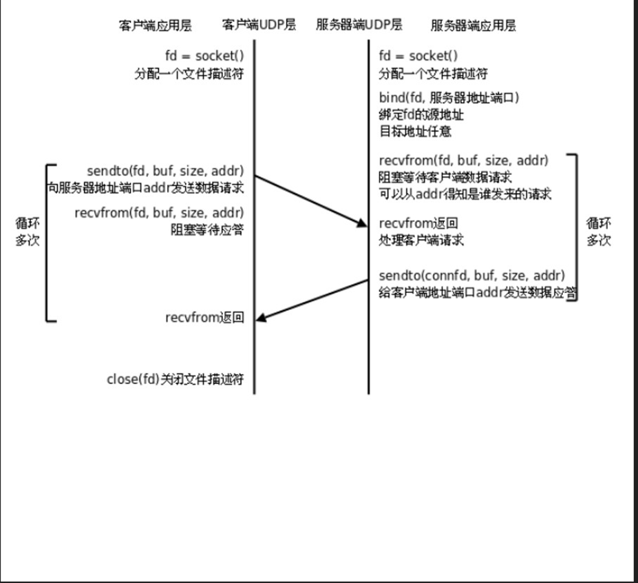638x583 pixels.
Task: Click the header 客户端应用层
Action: pyautogui.click(x=155, y=25)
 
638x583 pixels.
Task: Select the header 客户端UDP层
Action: pyautogui.click(x=259, y=25)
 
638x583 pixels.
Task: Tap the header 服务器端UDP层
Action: pyautogui.click(x=359, y=25)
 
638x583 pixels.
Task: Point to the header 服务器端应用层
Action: pyautogui.click(x=474, y=25)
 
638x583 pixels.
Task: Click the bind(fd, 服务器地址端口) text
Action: pyautogui.click(x=449, y=98)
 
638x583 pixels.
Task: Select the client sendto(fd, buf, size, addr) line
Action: pyautogui.click(x=165, y=170)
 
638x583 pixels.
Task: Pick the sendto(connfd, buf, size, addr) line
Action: pyautogui.click(x=471, y=276)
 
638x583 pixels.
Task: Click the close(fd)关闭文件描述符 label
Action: pyautogui.click(x=175, y=379)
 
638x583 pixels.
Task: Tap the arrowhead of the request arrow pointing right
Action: pyautogui.click(x=362, y=223)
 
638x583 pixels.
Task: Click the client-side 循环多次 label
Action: pyautogui.click(x=28, y=232)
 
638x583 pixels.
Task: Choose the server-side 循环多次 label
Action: pyautogui.click(x=598, y=232)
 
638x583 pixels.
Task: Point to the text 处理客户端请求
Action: pyautogui.click(x=421, y=241)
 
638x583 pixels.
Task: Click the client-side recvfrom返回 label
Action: pyautogui.click(x=204, y=318)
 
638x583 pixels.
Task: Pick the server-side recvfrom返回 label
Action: pyautogui.click(x=418, y=224)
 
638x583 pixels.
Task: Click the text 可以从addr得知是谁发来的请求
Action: pyautogui.click(x=465, y=194)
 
